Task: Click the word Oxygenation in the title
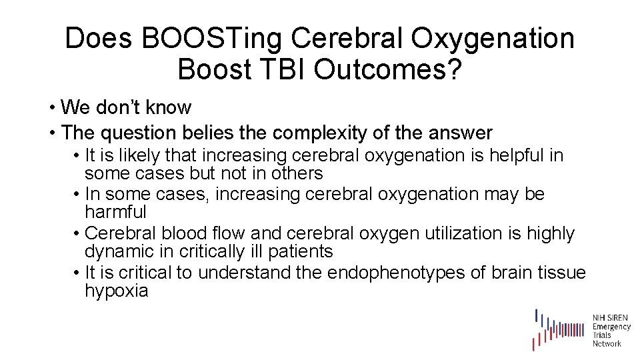tap(492, 39)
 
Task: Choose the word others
tap(299, 174)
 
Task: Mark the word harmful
tap(115, 213)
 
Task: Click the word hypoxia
tap(116, 291)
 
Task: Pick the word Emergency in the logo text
tap(611, 327)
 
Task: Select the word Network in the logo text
tap(607, 343)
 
